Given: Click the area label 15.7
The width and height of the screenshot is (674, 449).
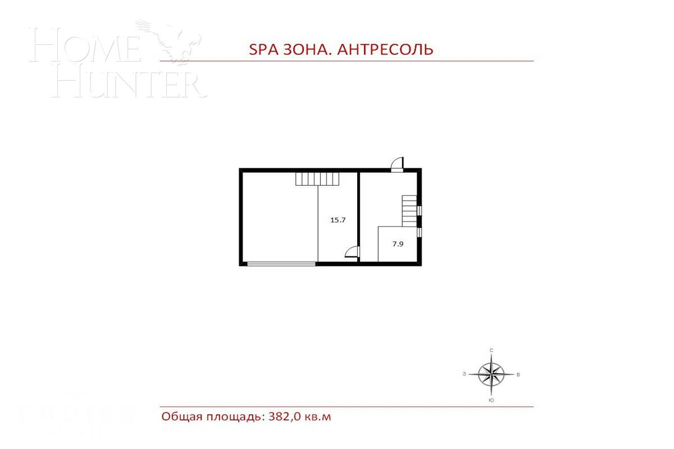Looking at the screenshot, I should tap(337, 220).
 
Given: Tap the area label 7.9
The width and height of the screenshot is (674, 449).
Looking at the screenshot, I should tap(398, 244).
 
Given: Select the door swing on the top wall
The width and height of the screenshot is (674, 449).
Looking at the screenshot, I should tap(397, 163).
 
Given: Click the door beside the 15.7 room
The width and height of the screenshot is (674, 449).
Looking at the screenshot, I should tap(352, 252).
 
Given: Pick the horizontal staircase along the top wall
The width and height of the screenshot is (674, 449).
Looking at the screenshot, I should tap(317, 179).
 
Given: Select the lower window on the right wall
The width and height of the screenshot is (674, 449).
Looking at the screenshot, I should tap(420, 231).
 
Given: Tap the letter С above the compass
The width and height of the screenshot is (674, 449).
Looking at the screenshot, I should tap(491, 350).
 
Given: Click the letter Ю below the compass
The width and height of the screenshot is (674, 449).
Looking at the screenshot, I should tap(491, 400).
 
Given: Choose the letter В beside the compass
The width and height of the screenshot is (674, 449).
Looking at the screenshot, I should tap(518, 374).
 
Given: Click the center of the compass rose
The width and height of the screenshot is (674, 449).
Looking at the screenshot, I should tap(491, 374).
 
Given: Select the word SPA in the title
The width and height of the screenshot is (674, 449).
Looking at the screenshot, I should tap(262, 49).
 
